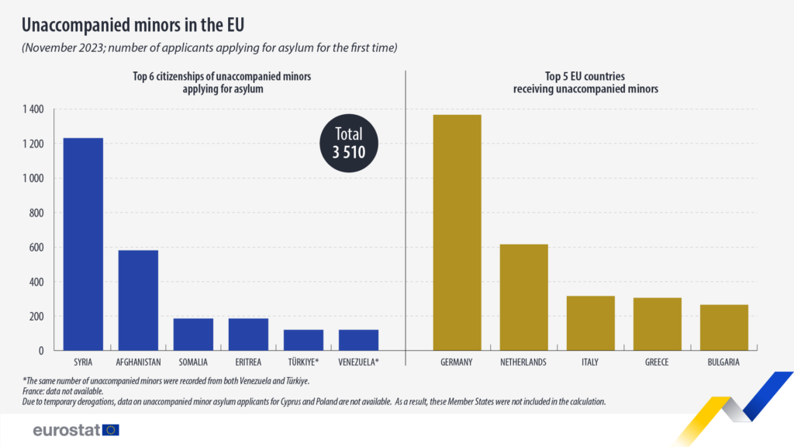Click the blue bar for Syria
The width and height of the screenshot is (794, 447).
(83, 244)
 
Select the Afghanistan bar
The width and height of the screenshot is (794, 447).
(138, 300)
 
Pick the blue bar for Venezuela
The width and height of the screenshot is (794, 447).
(359, 340)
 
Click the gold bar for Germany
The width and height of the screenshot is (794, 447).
(457, 232)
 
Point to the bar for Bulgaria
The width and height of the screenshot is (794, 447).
(724, 327)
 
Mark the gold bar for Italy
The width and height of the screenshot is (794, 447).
(591, 323)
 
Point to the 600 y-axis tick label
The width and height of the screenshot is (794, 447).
(36, 248)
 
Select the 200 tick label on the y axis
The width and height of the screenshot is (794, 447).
(36, 317)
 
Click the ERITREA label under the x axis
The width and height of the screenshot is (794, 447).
(248, 362)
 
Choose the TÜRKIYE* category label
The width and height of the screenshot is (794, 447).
(303, 362)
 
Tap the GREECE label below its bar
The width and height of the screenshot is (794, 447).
(658, 362)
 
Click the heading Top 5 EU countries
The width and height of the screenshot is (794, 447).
(585, 77)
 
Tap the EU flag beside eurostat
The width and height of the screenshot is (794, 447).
(110, 430)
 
